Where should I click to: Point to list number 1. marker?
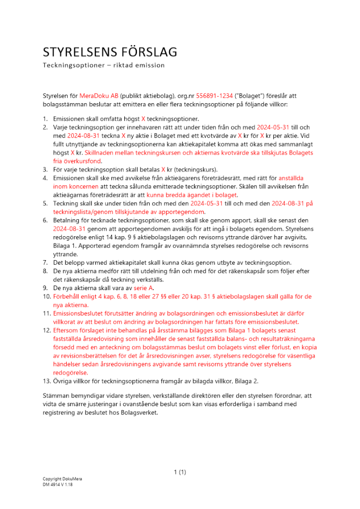click(x=45, y=118)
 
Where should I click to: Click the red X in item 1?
click(x=143, y=118)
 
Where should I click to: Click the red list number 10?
click(x=46, y=296)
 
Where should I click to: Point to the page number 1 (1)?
click(x=180, y=472)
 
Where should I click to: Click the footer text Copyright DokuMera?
click(x=63, y=479)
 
